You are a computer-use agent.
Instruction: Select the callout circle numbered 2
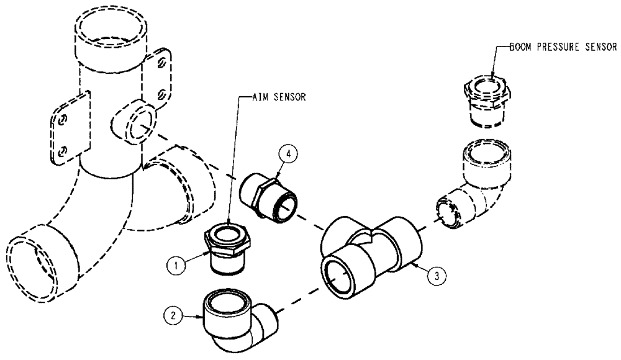(176, 314)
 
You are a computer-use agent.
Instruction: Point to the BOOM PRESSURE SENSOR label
(563, 47)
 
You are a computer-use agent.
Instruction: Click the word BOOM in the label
(520, 47)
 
